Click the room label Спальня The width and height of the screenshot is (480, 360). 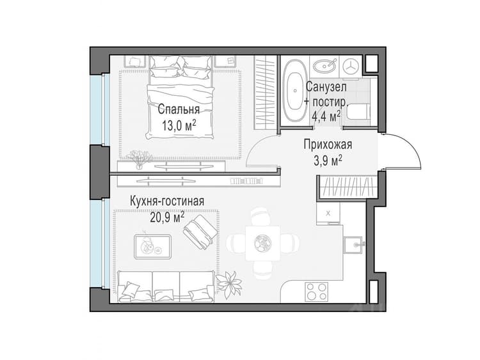coord(179,109)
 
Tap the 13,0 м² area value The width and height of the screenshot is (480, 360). coord(179,125)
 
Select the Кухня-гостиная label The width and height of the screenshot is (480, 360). coord(167,201)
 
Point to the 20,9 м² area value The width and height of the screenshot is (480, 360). coord(167,217)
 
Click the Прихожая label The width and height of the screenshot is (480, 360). coord(328,145)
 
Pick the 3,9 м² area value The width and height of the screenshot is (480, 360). coord(328,161)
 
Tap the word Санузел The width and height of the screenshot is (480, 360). coord(326,87)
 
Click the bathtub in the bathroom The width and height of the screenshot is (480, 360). coord(295,90)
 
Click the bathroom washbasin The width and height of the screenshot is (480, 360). coord(325,65)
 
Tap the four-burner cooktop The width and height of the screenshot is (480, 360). coord(317,292)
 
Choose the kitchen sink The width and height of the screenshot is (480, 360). coord(353,245)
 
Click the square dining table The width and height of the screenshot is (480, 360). coord(263,243)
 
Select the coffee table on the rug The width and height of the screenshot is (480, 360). coord(152,247)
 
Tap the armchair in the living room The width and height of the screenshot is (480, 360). coord(200,231)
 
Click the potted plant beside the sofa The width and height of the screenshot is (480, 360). coord(228,285)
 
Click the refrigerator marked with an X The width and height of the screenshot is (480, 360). coord(328,213)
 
